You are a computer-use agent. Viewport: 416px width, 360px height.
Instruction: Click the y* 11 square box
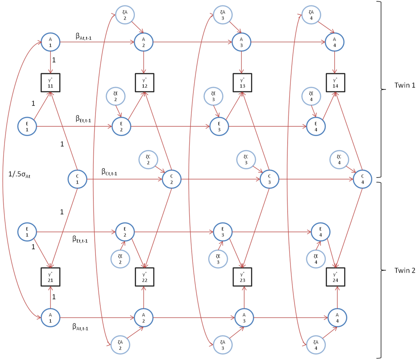[50, 83]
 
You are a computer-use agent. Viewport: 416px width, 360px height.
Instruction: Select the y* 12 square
[145, 83]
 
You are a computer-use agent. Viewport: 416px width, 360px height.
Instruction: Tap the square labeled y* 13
[243, 83]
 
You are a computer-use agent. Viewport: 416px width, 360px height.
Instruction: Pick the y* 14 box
[335, 83]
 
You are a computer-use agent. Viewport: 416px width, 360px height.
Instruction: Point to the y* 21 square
[50, 277]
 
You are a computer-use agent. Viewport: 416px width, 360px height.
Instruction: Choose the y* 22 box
[145, 277]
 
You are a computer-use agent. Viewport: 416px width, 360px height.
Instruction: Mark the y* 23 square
[243, 277]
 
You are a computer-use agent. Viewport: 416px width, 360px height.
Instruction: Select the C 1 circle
[77, 179]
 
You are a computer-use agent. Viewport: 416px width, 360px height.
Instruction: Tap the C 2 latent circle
[171, 179]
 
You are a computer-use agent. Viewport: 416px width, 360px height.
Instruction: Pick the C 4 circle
[362, 179]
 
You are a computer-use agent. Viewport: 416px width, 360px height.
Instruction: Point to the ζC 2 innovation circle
[148, 159]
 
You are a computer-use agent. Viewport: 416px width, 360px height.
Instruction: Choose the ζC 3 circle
[246, 159]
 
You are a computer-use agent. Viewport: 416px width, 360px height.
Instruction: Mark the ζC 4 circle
[339, 159]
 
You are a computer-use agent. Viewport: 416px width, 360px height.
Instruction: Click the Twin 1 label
[404, 86]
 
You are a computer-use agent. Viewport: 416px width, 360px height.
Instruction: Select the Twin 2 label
[404, 270]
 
